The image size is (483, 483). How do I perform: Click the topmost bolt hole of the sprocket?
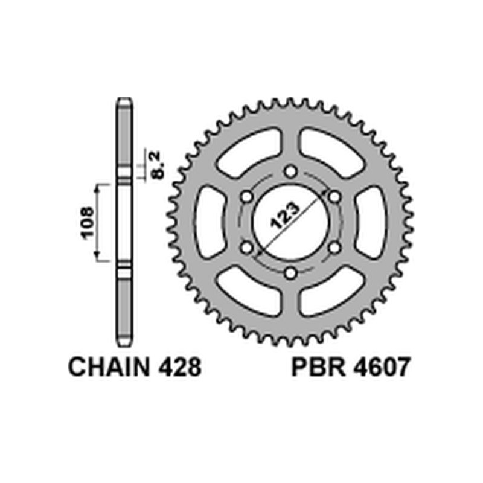click(x=290, y=172)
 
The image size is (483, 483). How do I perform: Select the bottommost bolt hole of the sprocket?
click(x=290, y=272)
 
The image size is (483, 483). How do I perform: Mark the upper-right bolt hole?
click(x=334, y=197)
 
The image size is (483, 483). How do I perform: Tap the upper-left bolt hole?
click(x=246, y=197)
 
